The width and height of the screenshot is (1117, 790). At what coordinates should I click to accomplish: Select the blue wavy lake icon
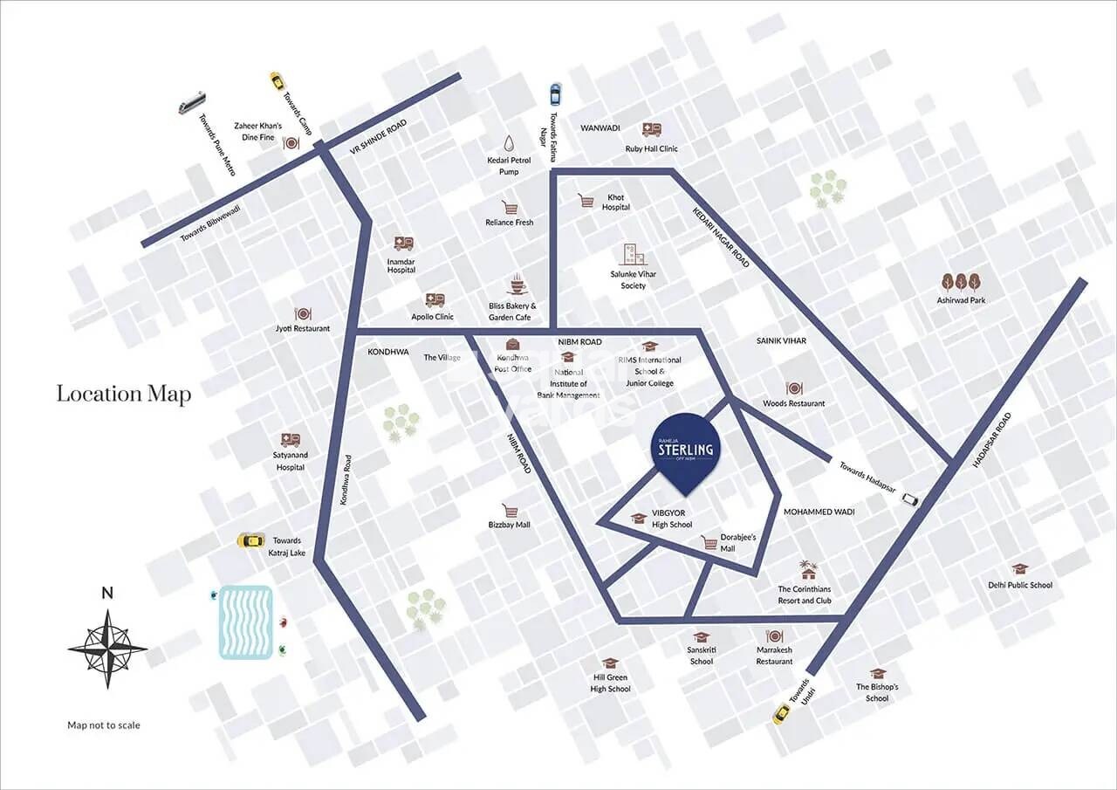point(245,622)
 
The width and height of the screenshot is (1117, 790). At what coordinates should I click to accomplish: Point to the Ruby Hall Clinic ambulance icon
point(651,130)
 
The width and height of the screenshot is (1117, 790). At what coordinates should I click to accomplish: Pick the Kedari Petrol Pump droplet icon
point(510,144)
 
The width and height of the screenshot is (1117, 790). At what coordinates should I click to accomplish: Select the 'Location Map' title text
point(124,394)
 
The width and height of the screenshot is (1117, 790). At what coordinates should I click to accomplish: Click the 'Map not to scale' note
point(104,725)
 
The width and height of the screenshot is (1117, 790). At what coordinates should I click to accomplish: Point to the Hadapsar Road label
point(990,441)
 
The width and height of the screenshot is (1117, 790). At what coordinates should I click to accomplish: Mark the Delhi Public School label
point(1020,585)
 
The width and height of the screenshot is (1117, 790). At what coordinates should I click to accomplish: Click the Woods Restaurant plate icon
point(793,388)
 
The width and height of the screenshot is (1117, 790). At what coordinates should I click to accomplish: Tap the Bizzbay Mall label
point(510,525)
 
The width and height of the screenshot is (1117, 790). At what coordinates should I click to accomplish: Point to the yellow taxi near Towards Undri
point(783,713)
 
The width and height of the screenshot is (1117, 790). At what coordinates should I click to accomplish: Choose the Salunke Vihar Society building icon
point(633,254)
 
